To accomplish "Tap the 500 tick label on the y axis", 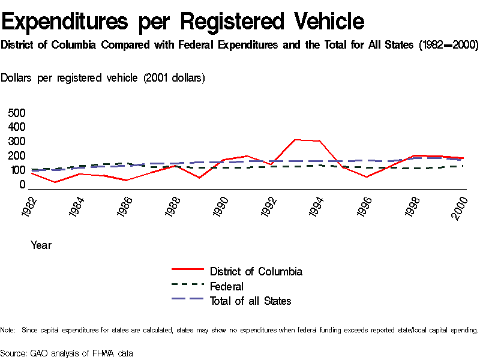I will coord(17,113).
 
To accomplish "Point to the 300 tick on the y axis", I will coord(17,142).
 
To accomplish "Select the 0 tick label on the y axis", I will coord(22,184).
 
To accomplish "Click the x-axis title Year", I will coord(41,245).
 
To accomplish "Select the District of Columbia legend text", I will coord(256,271).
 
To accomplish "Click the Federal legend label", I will coord(226,286).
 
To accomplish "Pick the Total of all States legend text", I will coord(250,301).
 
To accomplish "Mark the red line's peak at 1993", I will coord(295,140).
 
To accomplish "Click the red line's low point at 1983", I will coord(55,182).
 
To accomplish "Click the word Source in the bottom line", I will coord(13,353).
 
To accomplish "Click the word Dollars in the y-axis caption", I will coord(17,78).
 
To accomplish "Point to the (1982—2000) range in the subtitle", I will coord(448,46).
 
